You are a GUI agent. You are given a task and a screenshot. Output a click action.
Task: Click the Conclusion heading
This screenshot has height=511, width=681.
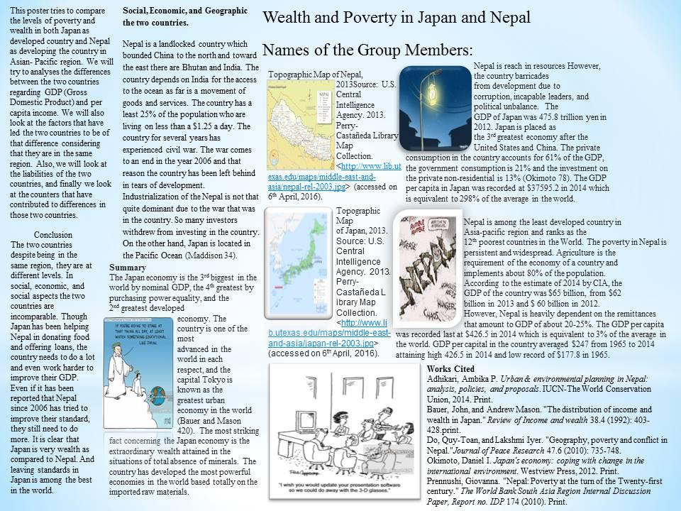pos(53,235)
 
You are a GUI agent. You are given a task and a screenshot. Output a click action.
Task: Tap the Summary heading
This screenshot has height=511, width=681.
pos(128,268)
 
